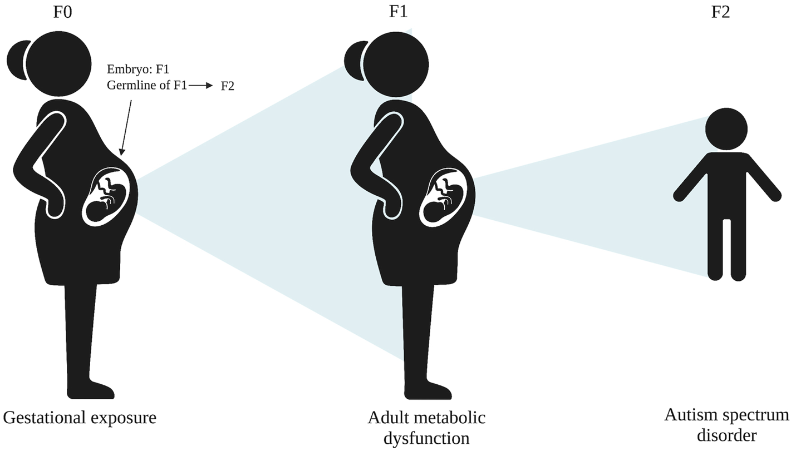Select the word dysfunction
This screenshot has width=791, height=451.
426,438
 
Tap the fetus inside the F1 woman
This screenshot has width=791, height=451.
444,201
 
